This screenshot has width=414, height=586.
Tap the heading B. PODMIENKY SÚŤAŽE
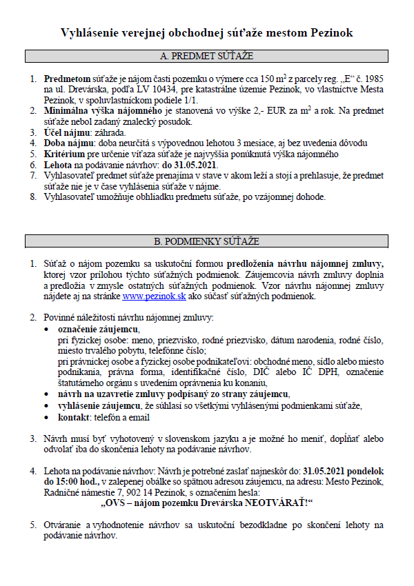coord(206,241)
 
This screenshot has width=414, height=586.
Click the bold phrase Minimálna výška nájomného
coord(103,111)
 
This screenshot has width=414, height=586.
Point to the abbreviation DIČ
coord(265,372)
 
